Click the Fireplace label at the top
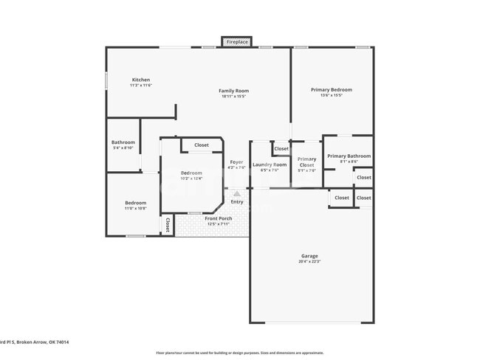(236, 42)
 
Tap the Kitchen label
(141, 80)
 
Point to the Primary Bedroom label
(331, 89)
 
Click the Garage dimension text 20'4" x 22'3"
(309, 262)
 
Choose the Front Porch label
(219, 218)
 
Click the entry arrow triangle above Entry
(237, 194)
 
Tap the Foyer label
(236, 162)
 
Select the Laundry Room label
(270, 165)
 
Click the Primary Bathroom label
(349, 156)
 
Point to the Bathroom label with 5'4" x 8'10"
(123, 142)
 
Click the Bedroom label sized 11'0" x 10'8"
(135, 203)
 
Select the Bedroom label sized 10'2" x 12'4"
(191, 173)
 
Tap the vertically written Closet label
(168, 225)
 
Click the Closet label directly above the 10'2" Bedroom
(202, 145)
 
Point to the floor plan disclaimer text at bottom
(240, 353)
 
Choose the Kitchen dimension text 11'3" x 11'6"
(141, 86)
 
